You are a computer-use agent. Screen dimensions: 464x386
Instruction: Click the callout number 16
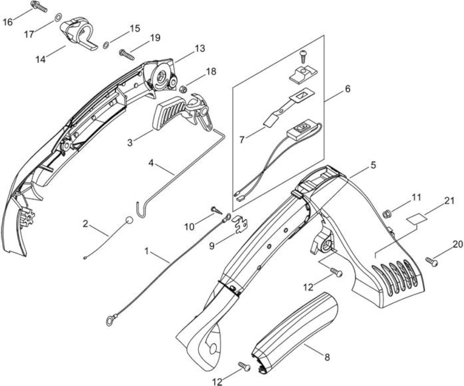coord(8,22)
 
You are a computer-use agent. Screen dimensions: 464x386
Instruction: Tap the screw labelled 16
coord(39,7)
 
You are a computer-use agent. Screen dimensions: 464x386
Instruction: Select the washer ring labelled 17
coord(59,17)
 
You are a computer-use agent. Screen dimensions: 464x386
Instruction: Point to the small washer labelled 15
coord(106,46)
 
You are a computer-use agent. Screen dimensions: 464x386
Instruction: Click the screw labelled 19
coord(127,55)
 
